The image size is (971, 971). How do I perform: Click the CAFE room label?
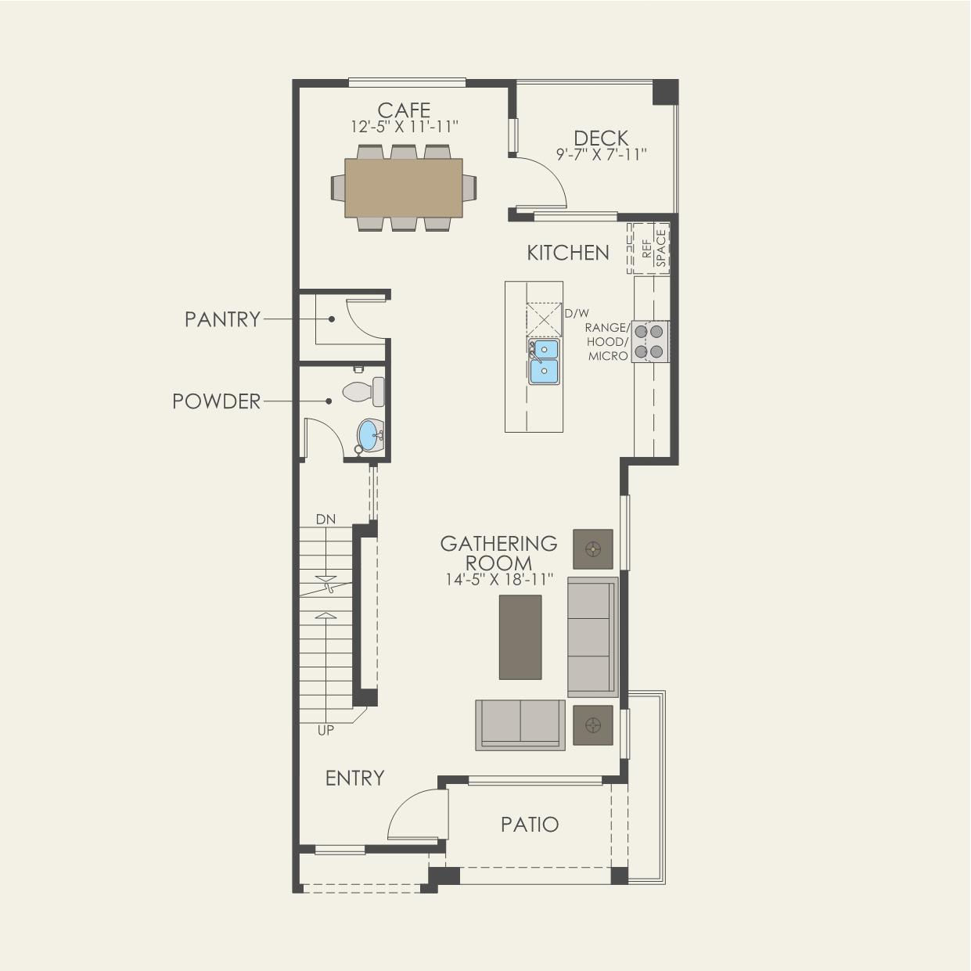[x=404, y=110]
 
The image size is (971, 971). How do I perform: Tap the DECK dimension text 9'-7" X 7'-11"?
[x=601, y=154]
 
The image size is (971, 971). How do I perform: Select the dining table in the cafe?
[x=404, y=188]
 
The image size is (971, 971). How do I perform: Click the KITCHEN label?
[x=568, y=253]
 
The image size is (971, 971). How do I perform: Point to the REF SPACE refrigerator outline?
[x=649, y=248]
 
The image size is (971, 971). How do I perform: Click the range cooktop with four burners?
[x=650, y=342]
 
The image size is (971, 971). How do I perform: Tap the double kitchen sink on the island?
[x=544, y=361]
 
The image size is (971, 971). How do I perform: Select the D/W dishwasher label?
[x=577, y=314]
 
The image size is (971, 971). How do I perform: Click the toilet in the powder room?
[x=363, y=391]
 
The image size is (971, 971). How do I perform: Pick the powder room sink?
[x=371, y=436]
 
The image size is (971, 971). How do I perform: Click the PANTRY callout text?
[x=222, y=319]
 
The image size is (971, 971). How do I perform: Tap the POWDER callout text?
[x=216, y=401]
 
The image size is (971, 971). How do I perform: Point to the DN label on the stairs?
[x=325, y=519]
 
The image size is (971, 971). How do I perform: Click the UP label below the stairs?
[x=325, y=730]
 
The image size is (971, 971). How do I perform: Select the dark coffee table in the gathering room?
[x=520, y=637]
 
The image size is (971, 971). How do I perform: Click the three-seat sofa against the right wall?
[x=592, y=637]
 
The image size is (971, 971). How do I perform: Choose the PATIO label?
[x=530, y=825]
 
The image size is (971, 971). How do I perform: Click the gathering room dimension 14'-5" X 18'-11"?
[x=499, y=580]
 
